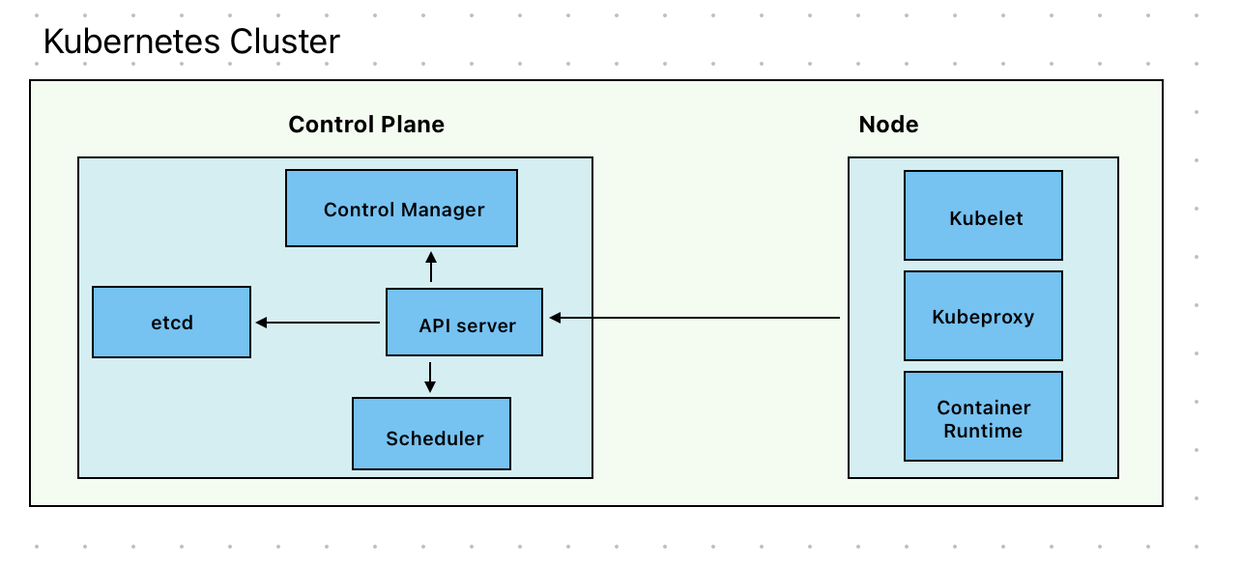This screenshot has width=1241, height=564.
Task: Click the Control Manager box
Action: point(401,209)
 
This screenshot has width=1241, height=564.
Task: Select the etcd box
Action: point(171,323)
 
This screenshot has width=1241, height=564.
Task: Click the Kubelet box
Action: point(983,217)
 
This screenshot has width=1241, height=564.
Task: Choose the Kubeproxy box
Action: point(983,316)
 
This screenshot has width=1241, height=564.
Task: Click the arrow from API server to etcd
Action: point(319,323)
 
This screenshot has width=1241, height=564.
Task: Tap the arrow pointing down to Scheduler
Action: point(430,377)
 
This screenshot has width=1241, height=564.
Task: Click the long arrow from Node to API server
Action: point(696,318)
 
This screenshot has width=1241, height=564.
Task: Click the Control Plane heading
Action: point(366,125)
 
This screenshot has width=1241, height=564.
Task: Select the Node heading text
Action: point(888,125)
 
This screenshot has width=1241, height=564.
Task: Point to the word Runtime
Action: point(983,431)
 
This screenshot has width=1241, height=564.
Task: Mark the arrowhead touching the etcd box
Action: point(261,323)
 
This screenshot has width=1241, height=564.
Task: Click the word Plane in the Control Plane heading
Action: point(411,125)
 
